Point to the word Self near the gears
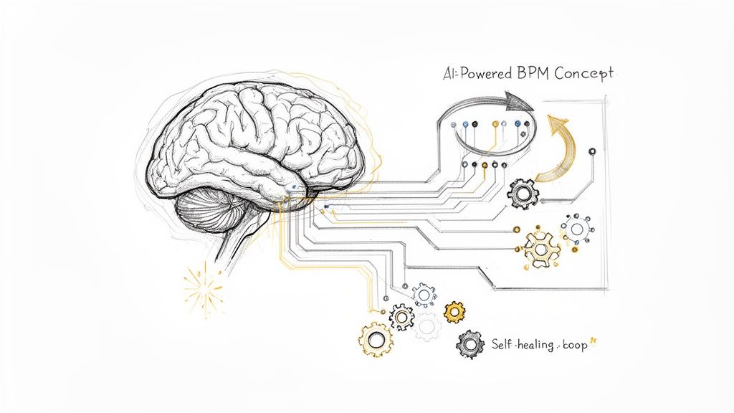click(x=503, y=344)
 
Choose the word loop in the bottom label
click(x=573, y=345)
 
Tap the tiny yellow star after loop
click(x=594, y=343)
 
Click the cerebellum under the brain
click(x=208, y=215)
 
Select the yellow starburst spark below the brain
click(x=203, y=289)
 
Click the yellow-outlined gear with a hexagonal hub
click(x=541, y=247)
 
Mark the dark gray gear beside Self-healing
click(x=470, y=345)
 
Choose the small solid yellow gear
click(x=454, y=312)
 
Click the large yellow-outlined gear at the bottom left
click(x=376, y=338)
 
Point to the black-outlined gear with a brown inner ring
click(x=401, y=316)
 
